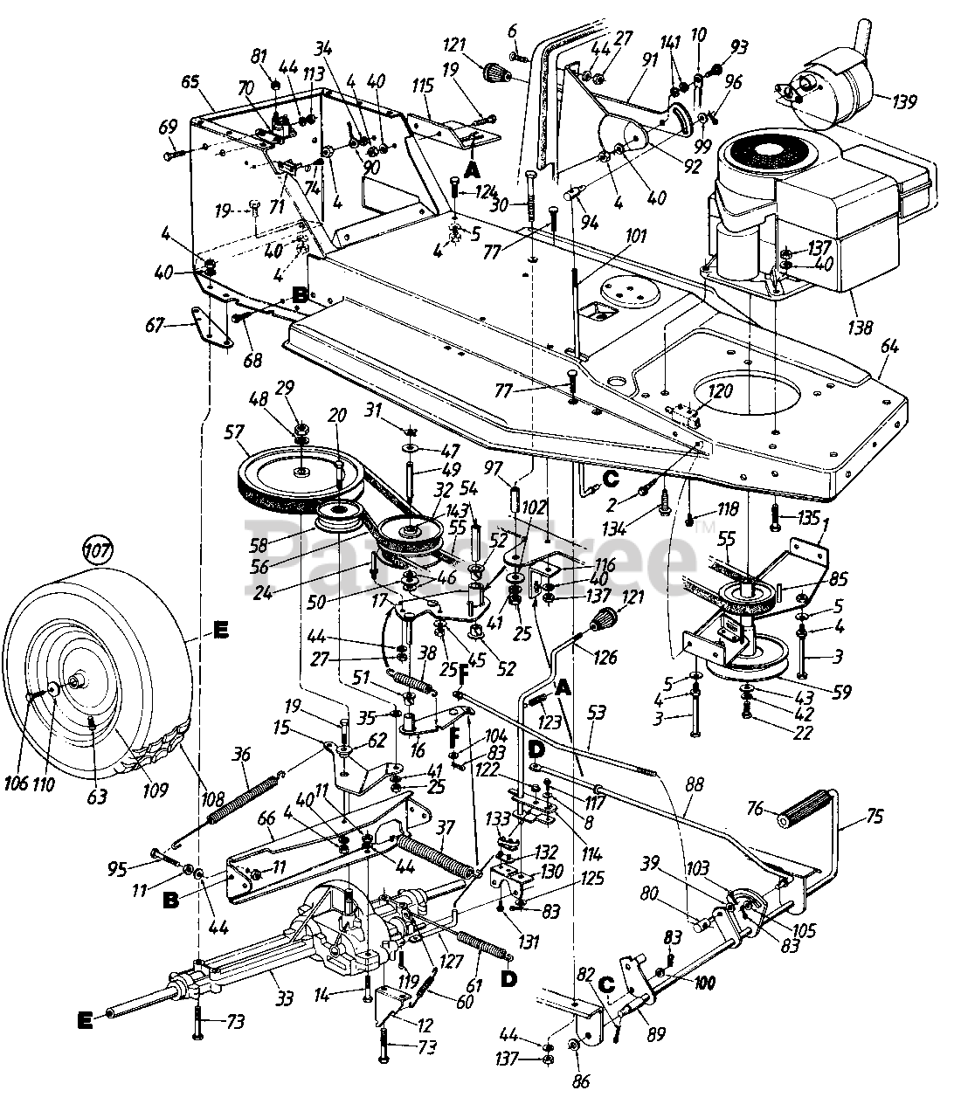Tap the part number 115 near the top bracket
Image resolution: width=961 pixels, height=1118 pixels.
(423, 87)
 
